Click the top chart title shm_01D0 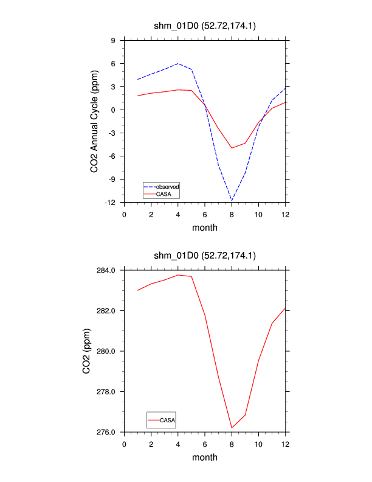coord(204,26)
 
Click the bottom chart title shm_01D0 coord(204,256)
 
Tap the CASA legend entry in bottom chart coord(167,420)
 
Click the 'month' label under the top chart coord(205,228)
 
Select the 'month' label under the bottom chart coord(205,457)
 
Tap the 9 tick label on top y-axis coord(113,41)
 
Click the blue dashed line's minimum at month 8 coord(232,200)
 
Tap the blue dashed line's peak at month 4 coord(178,63)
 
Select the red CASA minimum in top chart coord(232,148)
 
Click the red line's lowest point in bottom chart coord(232,428)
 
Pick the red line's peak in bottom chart coord(178,275)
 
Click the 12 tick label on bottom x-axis coord(285,444)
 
